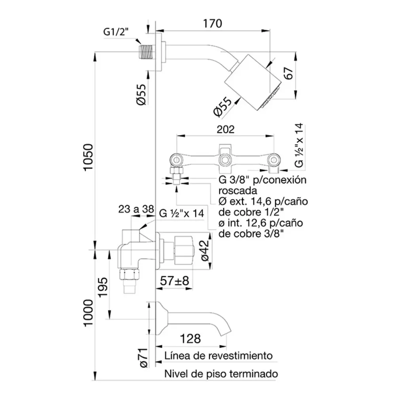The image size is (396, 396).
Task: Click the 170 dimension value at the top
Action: (x=212, y=23)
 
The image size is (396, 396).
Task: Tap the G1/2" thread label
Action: (x=116, y=32)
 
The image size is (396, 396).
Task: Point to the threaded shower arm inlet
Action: (x=147, y=52)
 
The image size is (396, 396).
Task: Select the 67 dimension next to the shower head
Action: (x=289, y=73)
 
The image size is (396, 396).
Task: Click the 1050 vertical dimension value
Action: (x=88, y=158)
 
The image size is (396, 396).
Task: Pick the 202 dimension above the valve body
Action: (x=226, y=129)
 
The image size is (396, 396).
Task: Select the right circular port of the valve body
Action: (x=274, y=160)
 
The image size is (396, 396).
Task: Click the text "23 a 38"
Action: (x=136, y=209)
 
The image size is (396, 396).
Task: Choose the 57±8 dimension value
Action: (x=175, y=281)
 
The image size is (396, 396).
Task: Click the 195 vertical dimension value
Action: (x=103, y=287)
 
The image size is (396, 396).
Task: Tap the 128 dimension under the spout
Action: (x=190, y=339)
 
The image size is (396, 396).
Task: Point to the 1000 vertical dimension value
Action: (x=88, y=313)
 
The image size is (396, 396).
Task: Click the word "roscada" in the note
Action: (x=238, y=191)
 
